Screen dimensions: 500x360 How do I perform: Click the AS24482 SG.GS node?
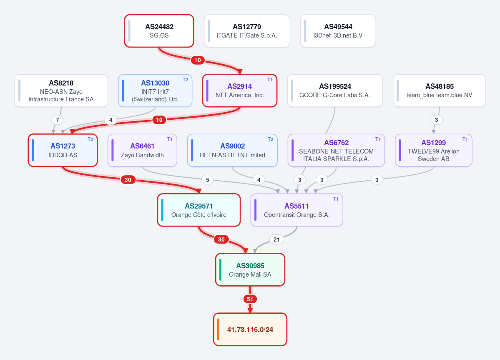tap(159, 31)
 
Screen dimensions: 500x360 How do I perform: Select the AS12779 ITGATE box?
tap(247, 31)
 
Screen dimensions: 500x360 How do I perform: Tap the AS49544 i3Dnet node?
tap(338, 31)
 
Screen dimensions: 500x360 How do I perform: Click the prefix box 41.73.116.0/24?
tap(250, 330)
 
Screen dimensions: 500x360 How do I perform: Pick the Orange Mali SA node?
tap(250, 270)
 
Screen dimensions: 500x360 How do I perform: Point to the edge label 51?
tap(250, 299)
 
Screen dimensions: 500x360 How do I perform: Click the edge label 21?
tap(276, 239)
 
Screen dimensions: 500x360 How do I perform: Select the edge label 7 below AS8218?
tap(58, 120)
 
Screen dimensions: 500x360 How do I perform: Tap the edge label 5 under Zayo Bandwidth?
tap(208, 180)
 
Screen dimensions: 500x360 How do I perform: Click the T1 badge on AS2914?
tap(270, 80)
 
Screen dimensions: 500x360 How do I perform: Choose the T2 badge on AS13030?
tap(185, 80)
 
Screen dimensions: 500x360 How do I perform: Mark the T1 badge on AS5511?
tap(336, 199)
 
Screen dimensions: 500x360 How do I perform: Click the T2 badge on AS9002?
tap(270, 139)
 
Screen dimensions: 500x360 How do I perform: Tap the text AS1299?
tap(434, 143)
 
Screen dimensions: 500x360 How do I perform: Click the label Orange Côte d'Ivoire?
tap(199, 215)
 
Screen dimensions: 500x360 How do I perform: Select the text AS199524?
tap(335, 86)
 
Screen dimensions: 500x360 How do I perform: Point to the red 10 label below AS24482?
tap(198, 60)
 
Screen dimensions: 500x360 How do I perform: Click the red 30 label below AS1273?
tap(128, 180)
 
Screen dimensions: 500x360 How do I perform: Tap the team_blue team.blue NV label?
tap(440, 95)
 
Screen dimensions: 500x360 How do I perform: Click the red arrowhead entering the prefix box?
tap(250, 310)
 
